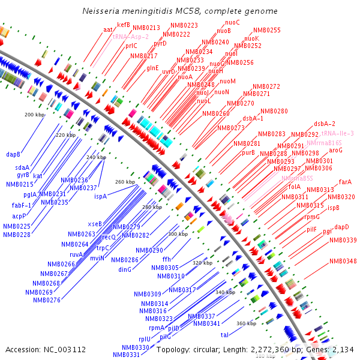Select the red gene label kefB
pos(123,25)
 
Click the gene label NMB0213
pos(146,28)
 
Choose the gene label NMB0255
pos(266,30)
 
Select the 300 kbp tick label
pos(178,234)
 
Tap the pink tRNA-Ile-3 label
pos(337,133)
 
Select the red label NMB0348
pos(343,261)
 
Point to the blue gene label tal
pos(225,335)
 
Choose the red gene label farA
pos(345,182)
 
